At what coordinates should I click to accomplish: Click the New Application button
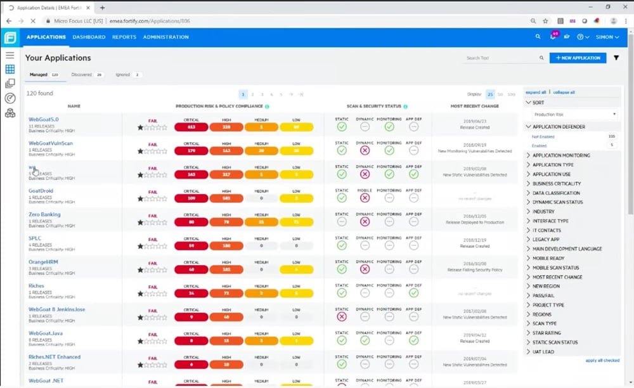point(578,58)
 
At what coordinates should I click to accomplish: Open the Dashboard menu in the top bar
point(89,37)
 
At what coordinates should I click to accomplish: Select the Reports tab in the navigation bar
point(124,37)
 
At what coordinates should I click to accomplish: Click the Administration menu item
point(165,37)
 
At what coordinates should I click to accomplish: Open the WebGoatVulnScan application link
point(51,143)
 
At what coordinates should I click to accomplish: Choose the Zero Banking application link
point(44,214)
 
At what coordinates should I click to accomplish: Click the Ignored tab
point(122,75)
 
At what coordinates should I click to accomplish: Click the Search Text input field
point(501,58)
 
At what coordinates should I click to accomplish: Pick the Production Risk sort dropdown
point(574,115)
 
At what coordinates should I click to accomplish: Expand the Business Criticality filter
point(556,183)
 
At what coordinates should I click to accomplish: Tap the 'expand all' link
point(536,92)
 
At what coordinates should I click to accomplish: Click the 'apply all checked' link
point(602,360)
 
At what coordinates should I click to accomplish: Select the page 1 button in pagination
point(243,94)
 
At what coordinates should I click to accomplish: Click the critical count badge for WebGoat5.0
point(191,127)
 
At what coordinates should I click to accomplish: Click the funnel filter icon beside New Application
point(616,58)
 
